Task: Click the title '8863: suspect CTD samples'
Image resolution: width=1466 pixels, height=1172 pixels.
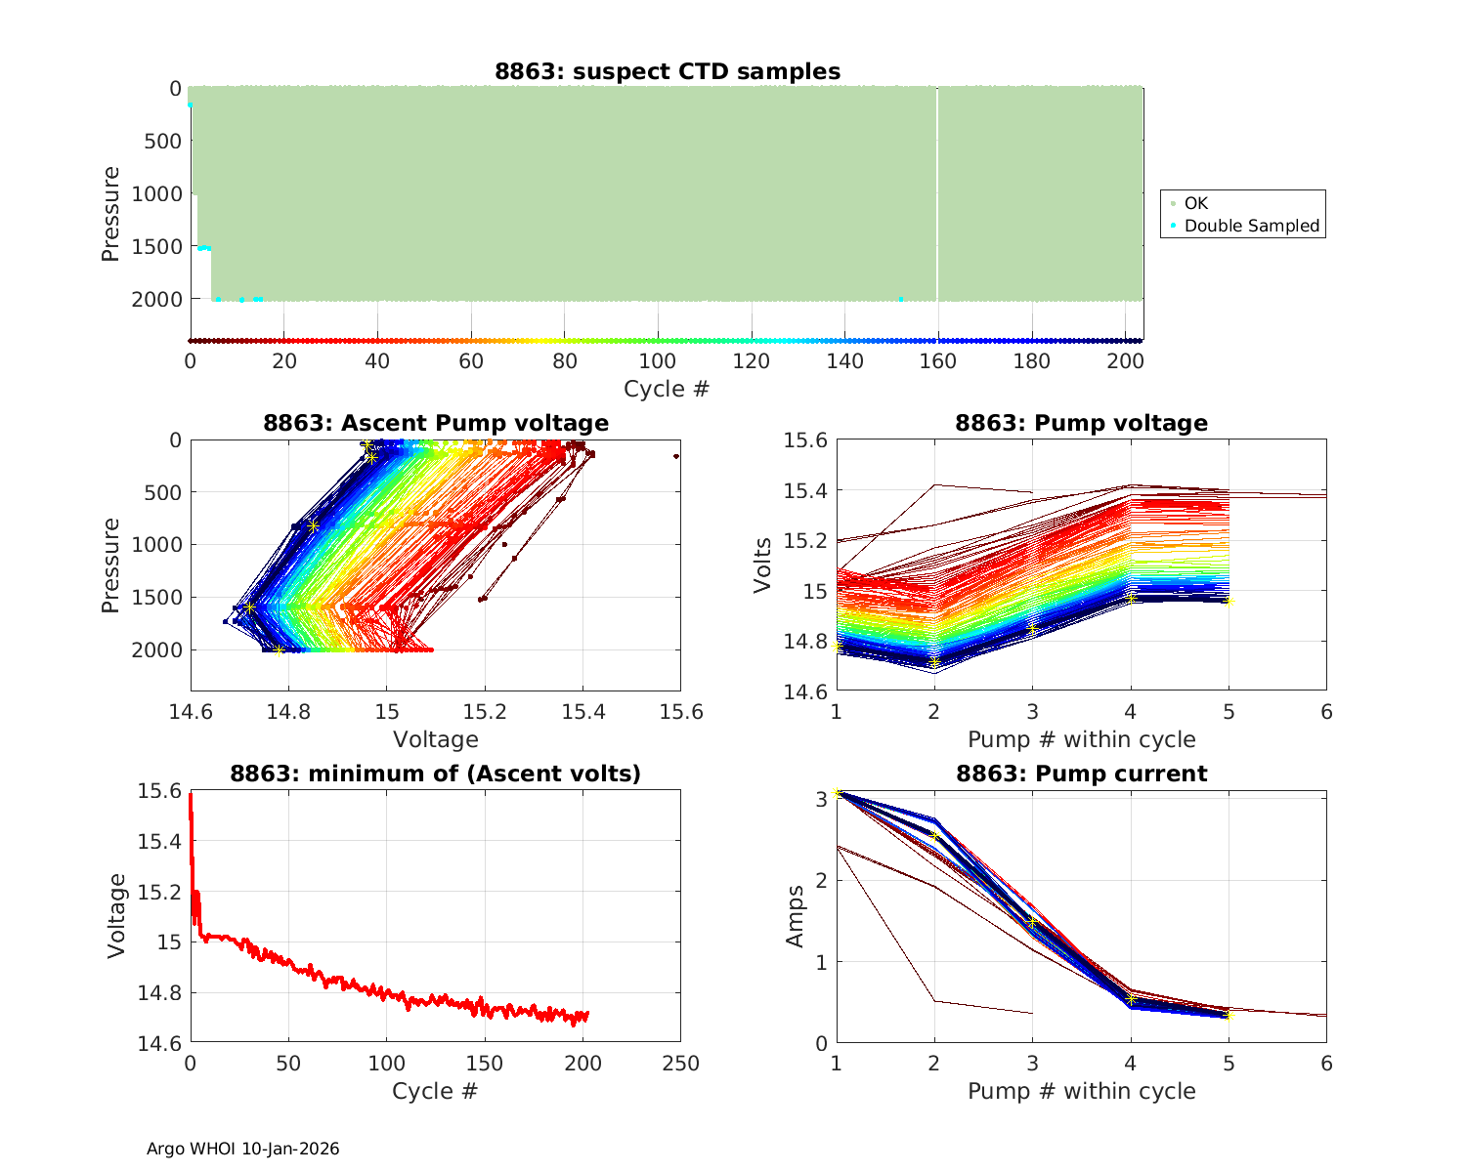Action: (x=667, y=71)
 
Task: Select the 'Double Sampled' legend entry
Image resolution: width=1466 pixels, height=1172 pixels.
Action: (x=1251, y=226)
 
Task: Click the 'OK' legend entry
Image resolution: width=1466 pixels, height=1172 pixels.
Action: (x=1195, y=203)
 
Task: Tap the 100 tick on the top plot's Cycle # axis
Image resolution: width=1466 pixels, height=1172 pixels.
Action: (x=658, y=361)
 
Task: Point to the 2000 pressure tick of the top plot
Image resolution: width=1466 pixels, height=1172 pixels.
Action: (x=156, y=299)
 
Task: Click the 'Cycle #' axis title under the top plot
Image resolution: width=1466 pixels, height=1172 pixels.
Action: (x=667, y=389)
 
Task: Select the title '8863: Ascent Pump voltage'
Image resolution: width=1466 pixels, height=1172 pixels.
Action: (x=436, y=423)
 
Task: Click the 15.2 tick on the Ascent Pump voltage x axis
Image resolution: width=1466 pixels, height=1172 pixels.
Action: (x=485, y=712)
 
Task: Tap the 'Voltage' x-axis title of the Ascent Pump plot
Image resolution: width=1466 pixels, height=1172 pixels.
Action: (x=436, y=739)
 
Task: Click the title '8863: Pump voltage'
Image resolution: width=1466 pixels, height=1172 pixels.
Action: (x=1081, y=423)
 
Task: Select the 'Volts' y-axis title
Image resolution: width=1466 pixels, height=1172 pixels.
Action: (x=763, y=565)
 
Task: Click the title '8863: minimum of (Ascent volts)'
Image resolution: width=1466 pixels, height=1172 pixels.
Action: (x=436, y=774)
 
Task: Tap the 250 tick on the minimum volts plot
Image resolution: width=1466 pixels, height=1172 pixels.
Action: (x=680, y=1064)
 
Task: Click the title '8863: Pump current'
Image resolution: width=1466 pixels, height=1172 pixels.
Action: (x=1081, y=774)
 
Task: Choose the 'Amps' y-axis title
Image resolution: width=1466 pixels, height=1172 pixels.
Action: (x=797, y=916)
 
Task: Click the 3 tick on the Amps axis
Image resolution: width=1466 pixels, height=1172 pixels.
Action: (x=821, y=798)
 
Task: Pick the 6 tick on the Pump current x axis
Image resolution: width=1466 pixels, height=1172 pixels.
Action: (x=1326, y=1064)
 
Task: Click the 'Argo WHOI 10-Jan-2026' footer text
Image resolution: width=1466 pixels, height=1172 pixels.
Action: (x=243, y=1149)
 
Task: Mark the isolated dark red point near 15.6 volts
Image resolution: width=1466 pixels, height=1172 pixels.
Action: (x=675, y=456)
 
